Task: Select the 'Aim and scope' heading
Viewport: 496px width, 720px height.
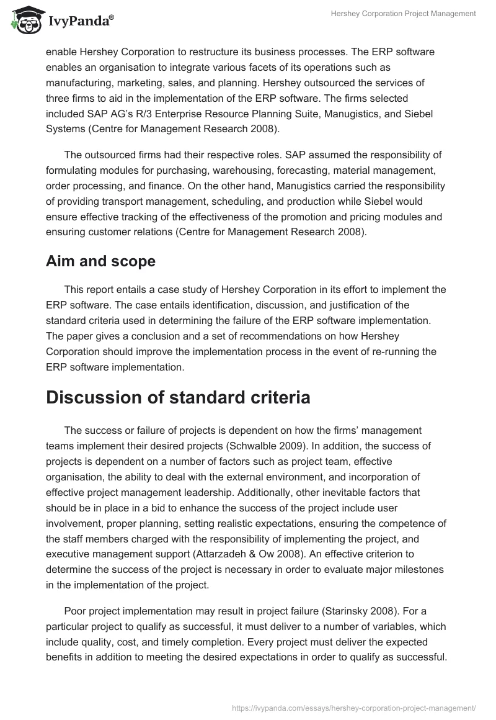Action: (100, 261)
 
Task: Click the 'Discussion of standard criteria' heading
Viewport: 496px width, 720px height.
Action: (178, 397)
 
